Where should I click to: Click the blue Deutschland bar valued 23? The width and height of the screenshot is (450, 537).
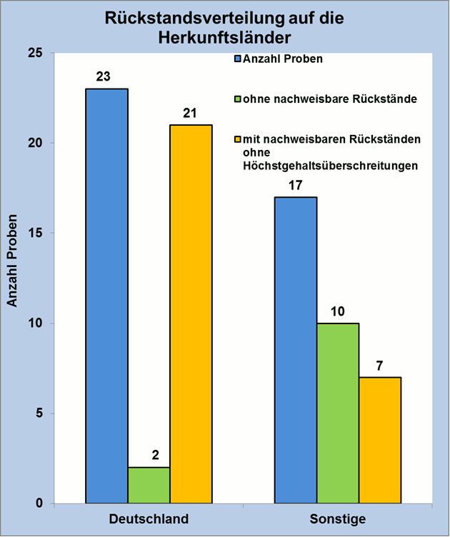(106, 296)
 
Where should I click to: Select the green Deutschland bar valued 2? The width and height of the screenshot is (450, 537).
(149, 485)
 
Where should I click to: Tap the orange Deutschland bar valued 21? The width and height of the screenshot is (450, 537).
(191, 313)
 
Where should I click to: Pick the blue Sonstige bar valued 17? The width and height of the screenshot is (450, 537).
(296, 350)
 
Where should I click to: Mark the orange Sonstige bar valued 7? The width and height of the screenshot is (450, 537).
(380, 440)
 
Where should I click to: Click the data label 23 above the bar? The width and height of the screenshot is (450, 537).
(103, 76)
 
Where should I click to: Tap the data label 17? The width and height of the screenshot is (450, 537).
(296, 184)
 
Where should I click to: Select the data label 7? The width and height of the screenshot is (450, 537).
(379, 365)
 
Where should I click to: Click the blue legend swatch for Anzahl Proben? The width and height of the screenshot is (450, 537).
(239, 59)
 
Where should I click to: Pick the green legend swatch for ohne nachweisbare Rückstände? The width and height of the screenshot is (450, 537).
(239, 99)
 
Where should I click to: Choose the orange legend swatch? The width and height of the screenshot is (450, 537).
(239, 138)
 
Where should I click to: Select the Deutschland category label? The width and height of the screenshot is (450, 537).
(149, 518)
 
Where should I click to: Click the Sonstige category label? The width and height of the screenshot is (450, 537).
(338, 518)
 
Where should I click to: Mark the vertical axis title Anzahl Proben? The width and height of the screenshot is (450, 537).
(12, 278)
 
